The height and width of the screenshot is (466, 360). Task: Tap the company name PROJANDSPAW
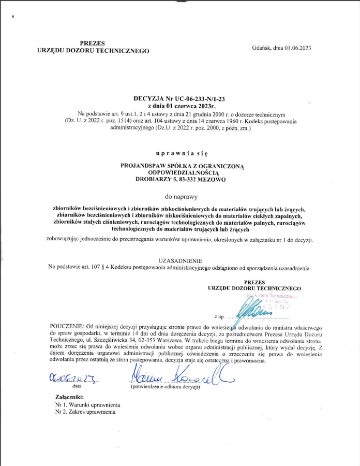147,166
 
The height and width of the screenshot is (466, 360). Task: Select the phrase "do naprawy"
181,197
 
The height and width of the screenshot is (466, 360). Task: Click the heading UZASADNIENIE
181,261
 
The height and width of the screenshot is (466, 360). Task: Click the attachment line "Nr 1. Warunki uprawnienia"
87,404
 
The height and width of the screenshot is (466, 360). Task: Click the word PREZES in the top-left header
93,43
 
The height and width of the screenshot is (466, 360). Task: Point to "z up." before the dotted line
219,316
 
